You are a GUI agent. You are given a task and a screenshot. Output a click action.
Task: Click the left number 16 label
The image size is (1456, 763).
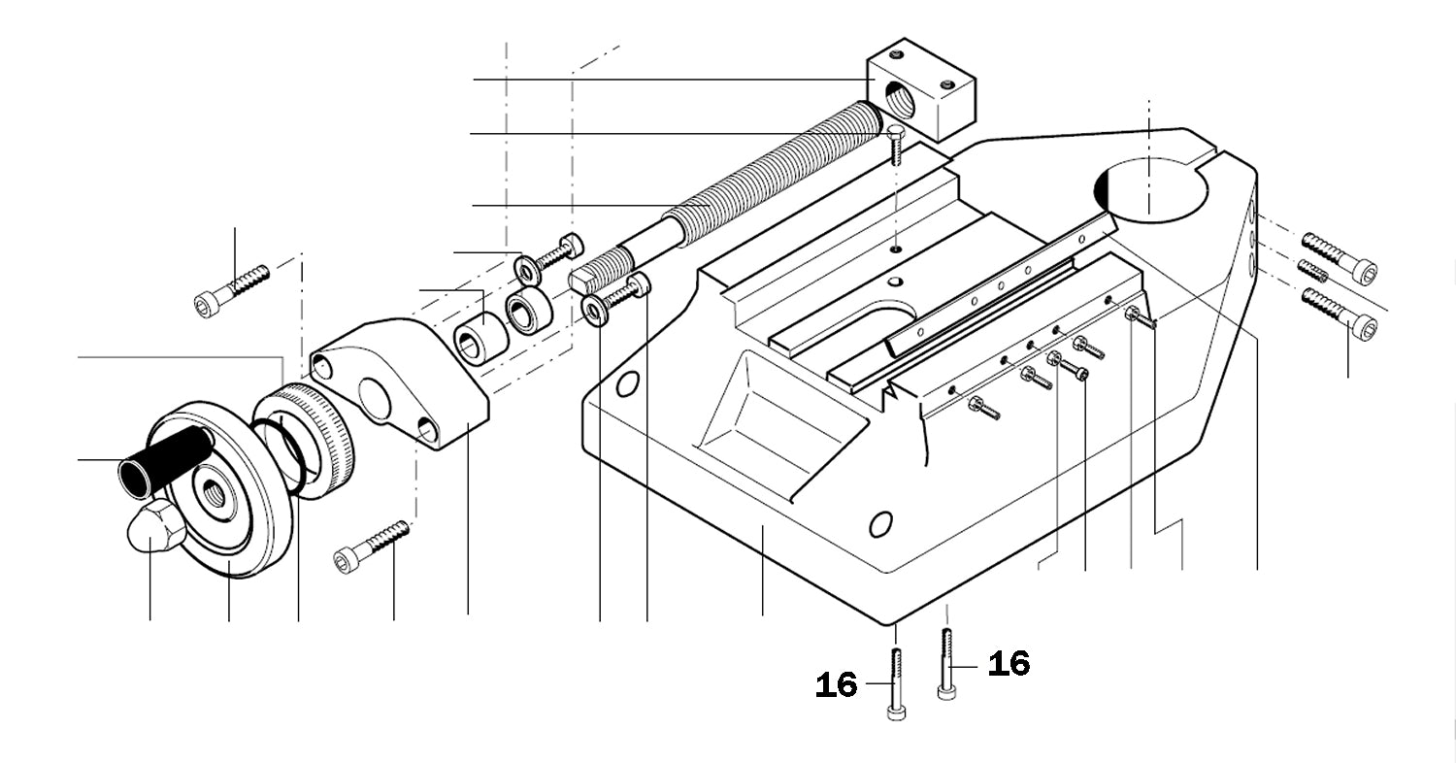point(836,685)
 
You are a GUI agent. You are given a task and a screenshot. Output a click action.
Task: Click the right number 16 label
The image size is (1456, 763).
point(1009,664)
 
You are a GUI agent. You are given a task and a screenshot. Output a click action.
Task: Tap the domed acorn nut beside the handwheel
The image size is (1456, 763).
point(156,527)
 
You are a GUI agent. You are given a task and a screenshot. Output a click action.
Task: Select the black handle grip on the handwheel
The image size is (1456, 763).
point(165,460)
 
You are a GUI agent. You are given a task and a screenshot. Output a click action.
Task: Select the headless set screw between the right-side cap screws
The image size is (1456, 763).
point(1312,271)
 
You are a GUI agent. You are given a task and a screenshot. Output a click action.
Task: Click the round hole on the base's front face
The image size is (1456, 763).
point(879,525)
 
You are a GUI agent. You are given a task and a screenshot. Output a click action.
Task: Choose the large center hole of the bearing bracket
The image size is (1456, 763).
point(374,398)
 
